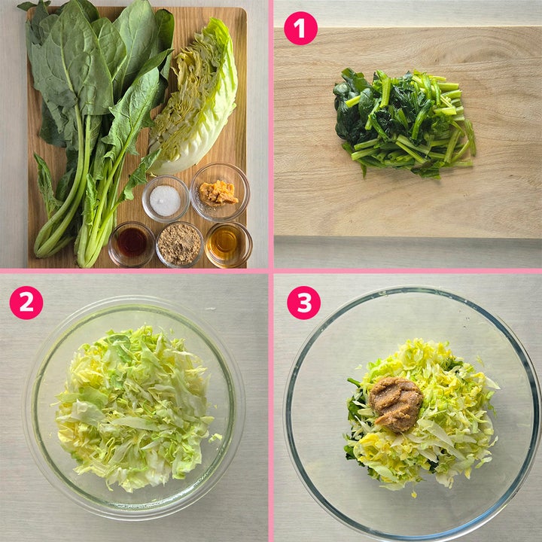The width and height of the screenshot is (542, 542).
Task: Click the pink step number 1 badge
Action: tap(300, 29)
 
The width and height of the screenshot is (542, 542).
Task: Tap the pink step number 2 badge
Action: tap(26, 303)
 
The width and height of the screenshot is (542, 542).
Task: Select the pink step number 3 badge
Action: tap(303, 303)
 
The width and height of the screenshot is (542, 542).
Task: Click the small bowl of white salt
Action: tap(166, 199)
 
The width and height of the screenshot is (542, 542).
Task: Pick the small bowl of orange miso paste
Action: tap(220, 192)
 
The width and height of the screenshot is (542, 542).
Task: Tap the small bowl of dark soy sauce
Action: tap(132, 244)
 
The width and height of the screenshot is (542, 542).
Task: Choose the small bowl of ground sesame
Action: tap(179, 245)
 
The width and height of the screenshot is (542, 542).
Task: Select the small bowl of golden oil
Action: tap(228, 245)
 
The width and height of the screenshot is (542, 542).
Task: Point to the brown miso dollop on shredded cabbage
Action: tap(396, 403)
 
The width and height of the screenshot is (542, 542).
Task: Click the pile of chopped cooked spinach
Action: tap(404, 123)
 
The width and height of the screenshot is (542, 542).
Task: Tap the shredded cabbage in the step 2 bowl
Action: tap(133, 408)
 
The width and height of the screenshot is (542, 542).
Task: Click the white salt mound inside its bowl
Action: tap(165, 200)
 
